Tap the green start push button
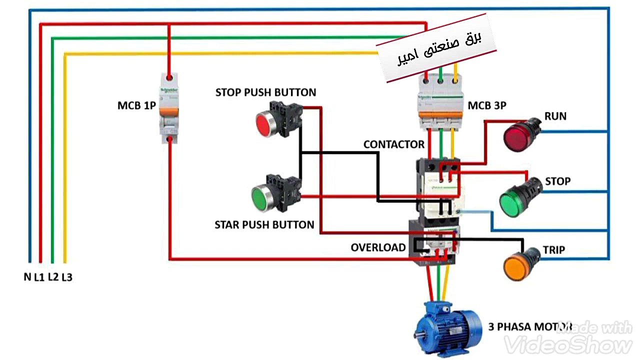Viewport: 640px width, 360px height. pyautogui.click(x=263, y=197)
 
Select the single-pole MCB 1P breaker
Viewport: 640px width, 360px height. pyautogui.click(x=169, y=107)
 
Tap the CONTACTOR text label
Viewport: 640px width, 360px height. pyautogui.click(x=393, y=144)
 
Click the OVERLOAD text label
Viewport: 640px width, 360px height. pyautogui.click(x=378, y=247)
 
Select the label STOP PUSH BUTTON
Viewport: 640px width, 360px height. pyautogui.click(x=265, y=92)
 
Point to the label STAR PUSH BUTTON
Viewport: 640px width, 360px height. pyautogui.click(x=264, y=224)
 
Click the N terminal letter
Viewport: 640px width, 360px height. pyautogui.click(x=27, y=276)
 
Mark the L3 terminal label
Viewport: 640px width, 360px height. pyautogui.click(x=66, y=277)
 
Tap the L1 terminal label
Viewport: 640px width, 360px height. pyautogui.click(x=39, y=277)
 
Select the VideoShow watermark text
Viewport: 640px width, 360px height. pyautogui.click(x=567, y=344)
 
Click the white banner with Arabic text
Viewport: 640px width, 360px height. pyautogui.click(x=436, y=52)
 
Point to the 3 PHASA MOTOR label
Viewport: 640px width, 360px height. pyautogui.click(x=529, y=327)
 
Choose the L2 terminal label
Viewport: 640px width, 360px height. pyautogui.click(x=53, y=276)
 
